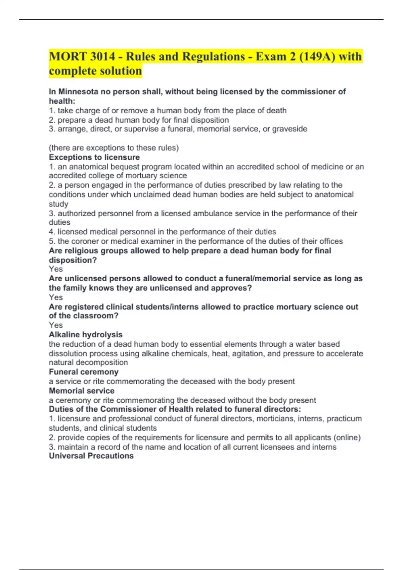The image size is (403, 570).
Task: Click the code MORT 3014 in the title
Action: point(82,56)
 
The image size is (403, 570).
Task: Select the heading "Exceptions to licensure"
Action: point(94,157)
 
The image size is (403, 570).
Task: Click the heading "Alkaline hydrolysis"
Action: point(86,335)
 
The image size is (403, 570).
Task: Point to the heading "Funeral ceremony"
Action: point(84,372)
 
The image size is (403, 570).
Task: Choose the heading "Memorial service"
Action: point(82,391)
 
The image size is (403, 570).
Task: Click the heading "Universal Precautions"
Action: point(91,456)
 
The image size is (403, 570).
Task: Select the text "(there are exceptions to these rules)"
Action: point(114,148)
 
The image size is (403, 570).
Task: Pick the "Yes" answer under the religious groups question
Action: point(56,269)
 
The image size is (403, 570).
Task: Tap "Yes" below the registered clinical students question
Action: point(56,325)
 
